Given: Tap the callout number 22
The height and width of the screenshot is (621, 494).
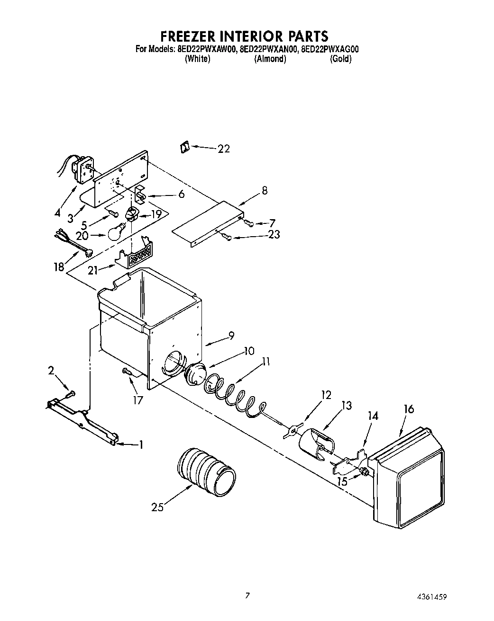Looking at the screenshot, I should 224,149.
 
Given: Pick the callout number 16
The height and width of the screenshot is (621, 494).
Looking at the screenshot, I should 408,409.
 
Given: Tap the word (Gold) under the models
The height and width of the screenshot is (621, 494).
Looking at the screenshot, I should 340,59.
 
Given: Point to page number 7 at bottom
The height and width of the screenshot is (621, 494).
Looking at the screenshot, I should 247,595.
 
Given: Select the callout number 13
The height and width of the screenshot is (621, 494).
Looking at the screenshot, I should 347,405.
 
